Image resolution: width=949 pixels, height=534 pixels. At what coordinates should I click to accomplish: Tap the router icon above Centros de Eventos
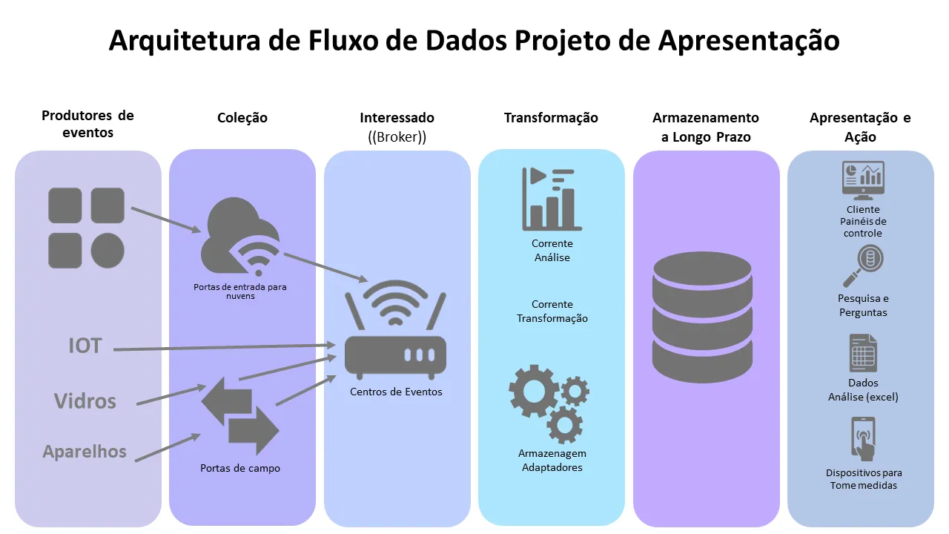coord(396,334)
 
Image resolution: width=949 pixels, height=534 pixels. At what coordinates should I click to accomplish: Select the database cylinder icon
coord(702,317)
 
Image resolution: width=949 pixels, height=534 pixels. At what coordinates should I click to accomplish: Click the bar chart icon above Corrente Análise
coord(552,199)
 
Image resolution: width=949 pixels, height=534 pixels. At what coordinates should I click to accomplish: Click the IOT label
coord(85,346)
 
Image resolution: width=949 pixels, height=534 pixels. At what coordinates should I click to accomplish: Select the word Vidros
coord(85,401)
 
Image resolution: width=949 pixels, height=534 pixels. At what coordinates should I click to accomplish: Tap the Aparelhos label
coord(85,451)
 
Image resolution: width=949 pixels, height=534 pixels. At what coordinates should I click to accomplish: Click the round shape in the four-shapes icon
coord(108,250)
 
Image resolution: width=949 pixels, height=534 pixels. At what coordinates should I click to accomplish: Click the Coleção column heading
coord(242,118)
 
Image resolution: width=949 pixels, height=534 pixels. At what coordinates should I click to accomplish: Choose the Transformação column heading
coord(551,118)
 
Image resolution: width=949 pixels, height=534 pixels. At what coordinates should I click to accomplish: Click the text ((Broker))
coord(397,137)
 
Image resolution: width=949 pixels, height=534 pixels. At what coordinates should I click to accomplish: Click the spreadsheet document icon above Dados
coord(863,353)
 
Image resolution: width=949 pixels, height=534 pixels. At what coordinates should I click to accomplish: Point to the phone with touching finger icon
coord(863,439)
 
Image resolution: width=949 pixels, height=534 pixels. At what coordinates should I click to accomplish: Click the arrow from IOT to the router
coord(222,347)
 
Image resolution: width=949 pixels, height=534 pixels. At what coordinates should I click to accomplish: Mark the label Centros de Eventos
coord(396,392)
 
